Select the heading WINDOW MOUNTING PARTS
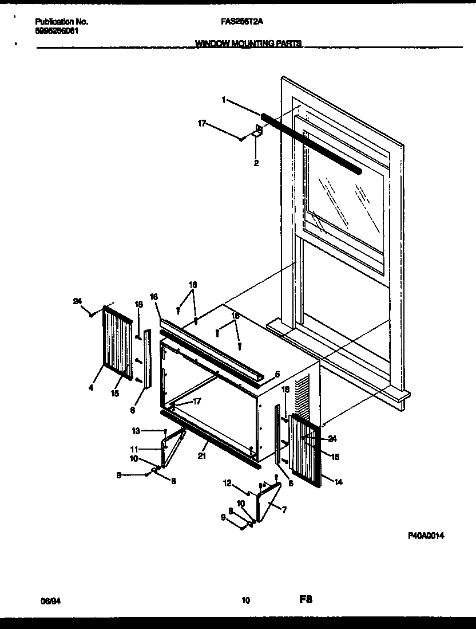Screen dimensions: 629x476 pos(248,43)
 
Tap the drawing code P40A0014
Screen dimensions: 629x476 pos(426,536)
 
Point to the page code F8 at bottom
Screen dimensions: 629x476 pos(305,600)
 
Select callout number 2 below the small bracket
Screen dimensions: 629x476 pos(256,163)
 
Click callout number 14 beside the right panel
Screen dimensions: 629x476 pos(338,482)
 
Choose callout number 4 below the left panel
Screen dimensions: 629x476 pos(90,388)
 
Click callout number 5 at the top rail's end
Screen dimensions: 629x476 pos(277,374)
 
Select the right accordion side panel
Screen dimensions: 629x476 pos(306,450)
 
